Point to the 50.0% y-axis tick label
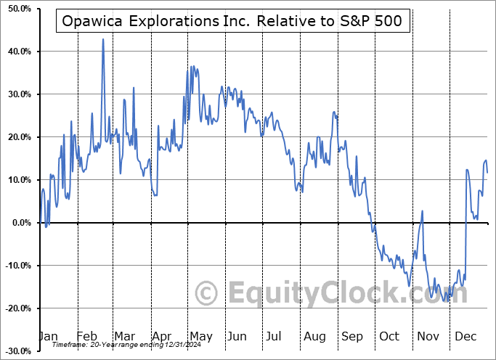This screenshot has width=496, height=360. pyautogui.click(x=17, y=9)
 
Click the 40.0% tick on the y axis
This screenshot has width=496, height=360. pyautogui.click(x=17, y=52)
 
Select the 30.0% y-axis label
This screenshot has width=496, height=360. pyautogui.click(x=17, y=94)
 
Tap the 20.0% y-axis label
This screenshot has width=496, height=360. pyautogui.click(x=17, y=137)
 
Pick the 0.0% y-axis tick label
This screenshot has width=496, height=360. pyautogui.click(x=20, y=223)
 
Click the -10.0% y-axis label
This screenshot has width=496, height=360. pyautogui.click(x=16, y=266)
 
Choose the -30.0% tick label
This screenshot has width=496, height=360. pyautogui.click(x=16, y=351)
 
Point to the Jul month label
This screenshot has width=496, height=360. pyautogui.click(x=273, y=336)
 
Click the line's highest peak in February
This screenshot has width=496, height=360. pyautogui.click(x=103, y=39)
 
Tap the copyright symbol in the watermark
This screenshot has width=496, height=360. pyautogui.click(x=208, y=294)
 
